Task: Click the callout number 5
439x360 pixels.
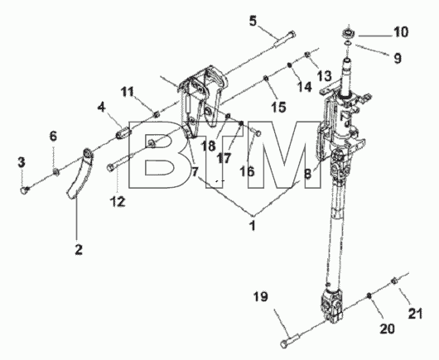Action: tap(253, 21)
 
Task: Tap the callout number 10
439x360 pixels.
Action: tap(401, 32)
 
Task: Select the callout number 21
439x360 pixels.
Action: tap(415, 314)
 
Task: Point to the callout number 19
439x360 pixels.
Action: tap(261, 297)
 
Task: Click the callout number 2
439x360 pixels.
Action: tap(79, 249)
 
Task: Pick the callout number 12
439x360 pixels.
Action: tap(118, 201)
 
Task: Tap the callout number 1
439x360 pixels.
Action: tap(253, 226)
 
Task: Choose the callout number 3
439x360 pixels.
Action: tap(22, 162)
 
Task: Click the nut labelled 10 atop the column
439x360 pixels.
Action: tap(349, 33)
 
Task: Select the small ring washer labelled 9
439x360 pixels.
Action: tap(348, 43)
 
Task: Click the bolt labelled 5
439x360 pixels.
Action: tap(284, 39)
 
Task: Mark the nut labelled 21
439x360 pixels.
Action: tap(393, 280)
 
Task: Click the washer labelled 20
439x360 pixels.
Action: tap(369, 295)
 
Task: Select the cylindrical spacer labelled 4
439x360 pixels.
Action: tap(123, 132)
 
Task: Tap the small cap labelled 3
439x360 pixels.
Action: tap(25, 190)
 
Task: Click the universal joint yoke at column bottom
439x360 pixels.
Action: tap(332, 306)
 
